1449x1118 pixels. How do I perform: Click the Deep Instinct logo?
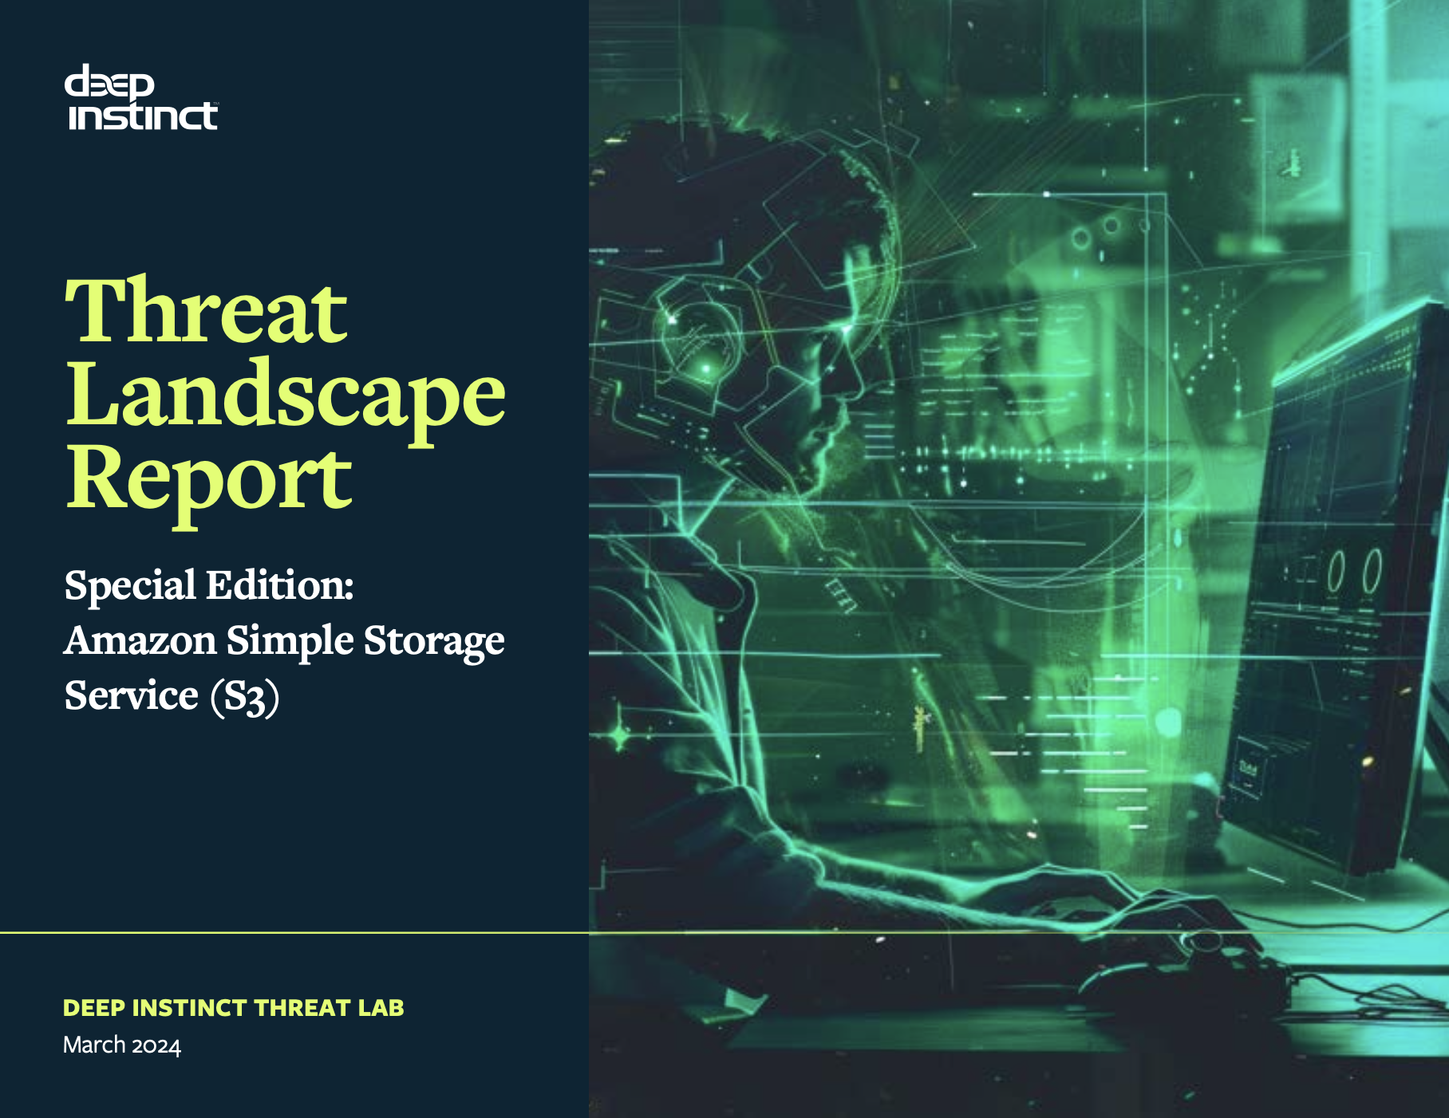(x=140, y=98)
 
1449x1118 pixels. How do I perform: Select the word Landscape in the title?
(x=285, y=395)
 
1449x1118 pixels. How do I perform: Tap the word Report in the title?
(x=208, y=478)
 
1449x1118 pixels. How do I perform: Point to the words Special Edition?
(x=209, y=585)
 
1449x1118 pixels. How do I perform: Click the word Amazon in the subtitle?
(x=140, y=640)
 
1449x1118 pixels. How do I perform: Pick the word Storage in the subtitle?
(x=434, y=642)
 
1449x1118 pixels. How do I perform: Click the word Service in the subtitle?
(x=131, y=695)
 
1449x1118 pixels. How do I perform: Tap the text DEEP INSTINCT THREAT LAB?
(x=233, y=1008)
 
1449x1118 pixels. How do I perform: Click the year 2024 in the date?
(x=156, y=1045)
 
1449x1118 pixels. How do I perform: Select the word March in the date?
(x=94, y=1045)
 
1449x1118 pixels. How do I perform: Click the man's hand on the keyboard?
(x=1117, y=901)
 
